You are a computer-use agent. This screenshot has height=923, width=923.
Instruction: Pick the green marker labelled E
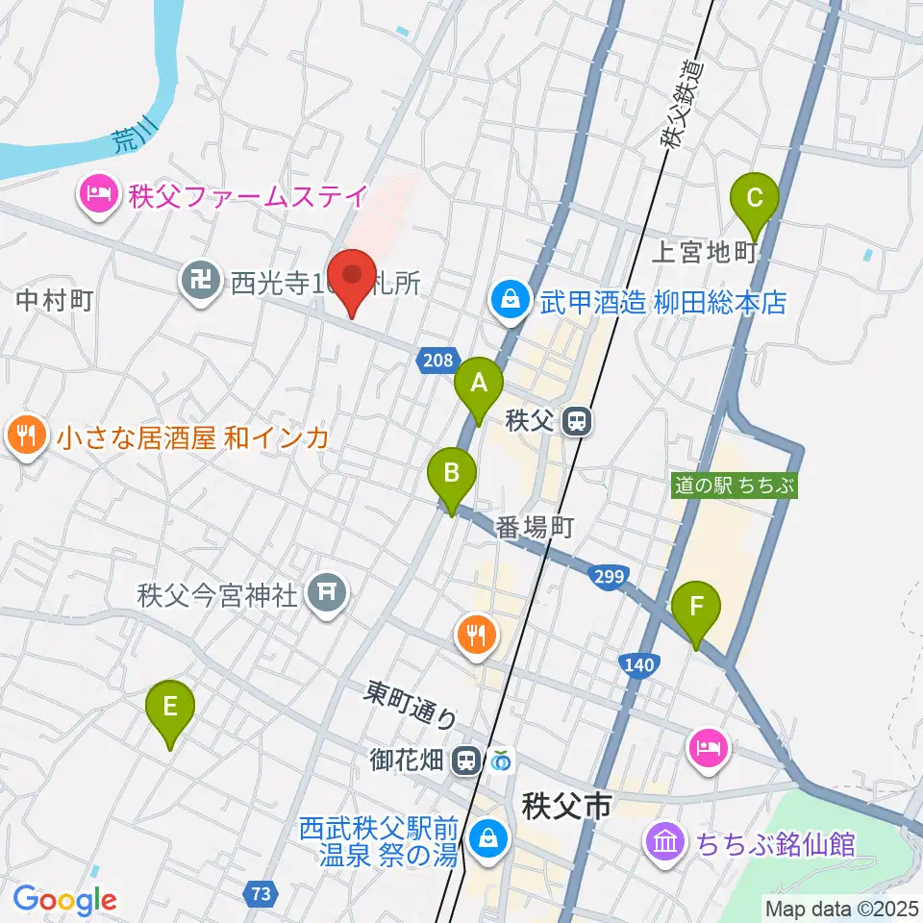[x=170, y=710]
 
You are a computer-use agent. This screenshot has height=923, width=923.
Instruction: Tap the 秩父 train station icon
[x=577, y=421]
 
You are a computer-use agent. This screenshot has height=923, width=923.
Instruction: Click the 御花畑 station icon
[x=467, y=761]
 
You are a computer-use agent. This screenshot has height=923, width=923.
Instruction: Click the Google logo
[x=64, y=900]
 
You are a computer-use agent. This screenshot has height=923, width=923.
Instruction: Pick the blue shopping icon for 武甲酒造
[x=511, y=302]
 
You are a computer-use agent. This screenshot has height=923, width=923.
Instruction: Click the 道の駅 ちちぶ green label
[x=736, y=486]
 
